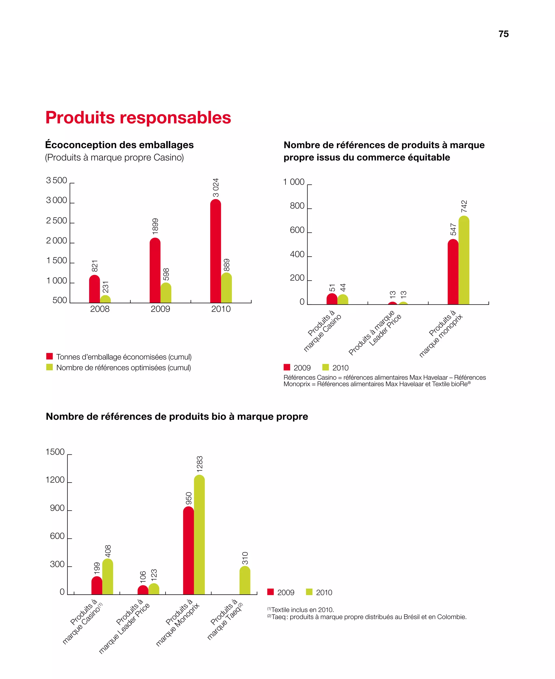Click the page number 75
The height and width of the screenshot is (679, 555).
(503, 34)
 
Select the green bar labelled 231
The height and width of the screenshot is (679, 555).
(105, 299)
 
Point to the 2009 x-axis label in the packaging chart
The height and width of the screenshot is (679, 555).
(160, 309)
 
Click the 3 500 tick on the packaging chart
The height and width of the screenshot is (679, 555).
(57, 180)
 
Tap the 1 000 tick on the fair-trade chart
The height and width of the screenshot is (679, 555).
(294, 182)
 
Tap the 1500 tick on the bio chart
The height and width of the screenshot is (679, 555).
(55, 452)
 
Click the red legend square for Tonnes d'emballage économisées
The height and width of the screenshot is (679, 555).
(50, 356)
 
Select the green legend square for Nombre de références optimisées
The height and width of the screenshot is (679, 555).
(50, 367)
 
